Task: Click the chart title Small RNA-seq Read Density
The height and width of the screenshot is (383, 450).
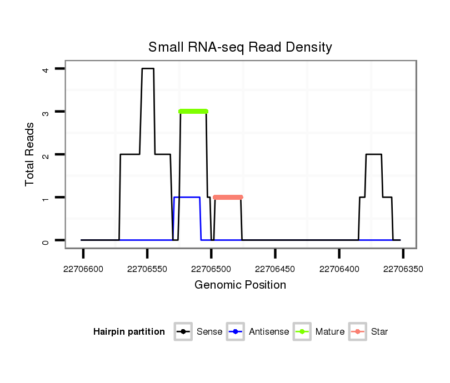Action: coord(240,47)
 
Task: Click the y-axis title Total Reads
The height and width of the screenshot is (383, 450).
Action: coord(31,154)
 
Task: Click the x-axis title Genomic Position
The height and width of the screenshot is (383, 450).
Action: coord(240,285)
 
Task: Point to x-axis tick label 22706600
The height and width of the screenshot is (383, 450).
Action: coord(83,269)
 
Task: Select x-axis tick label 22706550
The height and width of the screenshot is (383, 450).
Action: coord(147,269)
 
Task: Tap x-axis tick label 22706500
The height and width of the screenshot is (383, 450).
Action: coord(211,269)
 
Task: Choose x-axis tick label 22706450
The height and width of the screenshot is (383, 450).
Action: coord(275,269)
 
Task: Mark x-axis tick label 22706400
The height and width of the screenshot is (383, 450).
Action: coord(339,269)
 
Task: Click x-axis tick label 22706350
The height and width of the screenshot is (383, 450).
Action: coord(403,269)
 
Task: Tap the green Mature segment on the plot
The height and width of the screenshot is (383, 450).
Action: coord(193,112)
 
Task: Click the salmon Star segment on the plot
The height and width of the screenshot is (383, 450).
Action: coord(228,197)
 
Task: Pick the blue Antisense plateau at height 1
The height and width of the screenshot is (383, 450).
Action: coord(187,197)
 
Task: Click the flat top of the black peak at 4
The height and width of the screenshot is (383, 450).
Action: coord(148,69)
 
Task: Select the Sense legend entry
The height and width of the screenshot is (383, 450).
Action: coord(198,332)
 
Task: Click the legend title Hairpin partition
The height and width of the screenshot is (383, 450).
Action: coord(129,332)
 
